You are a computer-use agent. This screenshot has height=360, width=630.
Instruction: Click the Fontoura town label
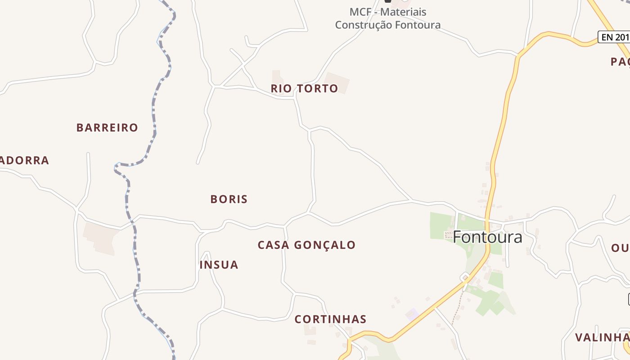[x=487, y=237]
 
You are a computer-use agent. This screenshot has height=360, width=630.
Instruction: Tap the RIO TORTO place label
[x=304, y=89]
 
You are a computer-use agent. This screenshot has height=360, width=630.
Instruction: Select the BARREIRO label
[x=107, y=128]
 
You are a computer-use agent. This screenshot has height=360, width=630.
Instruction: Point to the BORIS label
[x=229, y=199]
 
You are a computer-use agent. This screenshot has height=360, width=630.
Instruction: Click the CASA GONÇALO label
[x=306, y=245]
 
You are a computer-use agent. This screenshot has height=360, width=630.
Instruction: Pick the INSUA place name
[x=219, y=265]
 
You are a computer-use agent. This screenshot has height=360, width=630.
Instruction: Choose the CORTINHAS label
[x=330, y=319]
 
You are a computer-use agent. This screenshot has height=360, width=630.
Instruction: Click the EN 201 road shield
[x=614, y=37]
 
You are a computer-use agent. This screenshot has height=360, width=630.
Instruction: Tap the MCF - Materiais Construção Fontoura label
[x=387, y=18]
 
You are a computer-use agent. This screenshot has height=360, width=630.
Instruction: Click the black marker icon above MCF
[x=388, y=1]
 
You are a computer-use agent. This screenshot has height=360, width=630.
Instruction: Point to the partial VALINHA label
[x=602, y=337]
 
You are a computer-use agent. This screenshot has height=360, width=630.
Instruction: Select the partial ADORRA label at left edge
[x=24, y=161]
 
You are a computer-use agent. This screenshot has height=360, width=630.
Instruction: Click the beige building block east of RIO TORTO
[x=337, y=83]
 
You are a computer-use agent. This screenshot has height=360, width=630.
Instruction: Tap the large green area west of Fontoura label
[x=441, y=225]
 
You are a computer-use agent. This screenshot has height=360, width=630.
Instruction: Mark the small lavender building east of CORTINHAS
[x=412, y=314]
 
